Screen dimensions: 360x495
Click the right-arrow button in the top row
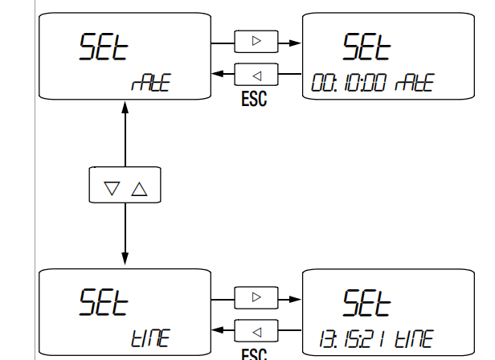(x=256, y=40)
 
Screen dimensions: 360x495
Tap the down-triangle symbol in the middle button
(x=112, y=189)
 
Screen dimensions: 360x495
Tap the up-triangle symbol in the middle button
(x=140, y=189)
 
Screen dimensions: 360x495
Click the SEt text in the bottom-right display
(x=366, y=303)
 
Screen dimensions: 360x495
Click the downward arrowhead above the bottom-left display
(x=125, y=257)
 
